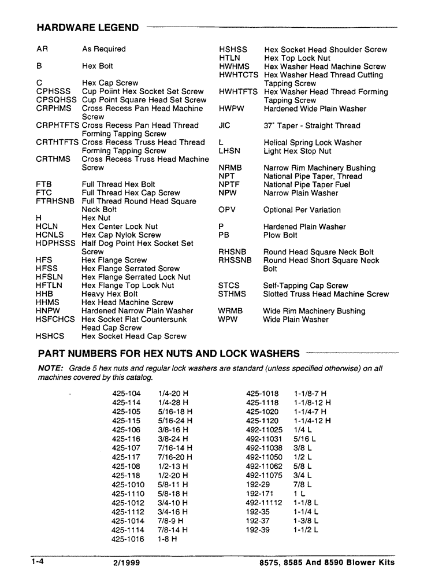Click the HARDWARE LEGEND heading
click(x=88, y=27)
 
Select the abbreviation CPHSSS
click(x=53, y=91)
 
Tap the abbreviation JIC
click(x=225, y=125)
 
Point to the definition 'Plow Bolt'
click(x=280, y=235)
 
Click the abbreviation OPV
click(x=227, y=210)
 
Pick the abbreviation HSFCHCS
click(x=55, y=319)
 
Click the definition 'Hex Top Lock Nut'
click(x=297, y=58)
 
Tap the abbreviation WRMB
click(x=231, y=311)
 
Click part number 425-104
click(x=126, y=394)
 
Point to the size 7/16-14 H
click(x=174, y=448)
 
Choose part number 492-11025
click(x=264, y=430)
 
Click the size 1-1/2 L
click(x=306, y=529)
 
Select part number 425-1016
click(x=128, y=539)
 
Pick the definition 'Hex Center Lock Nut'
click(x=120, y=227)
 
